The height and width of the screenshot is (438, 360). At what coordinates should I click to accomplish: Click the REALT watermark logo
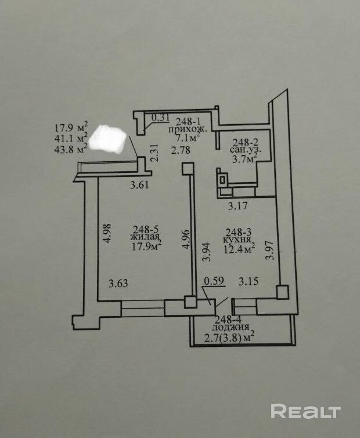(x=305, y=411)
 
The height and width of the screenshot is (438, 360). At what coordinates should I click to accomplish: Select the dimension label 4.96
(x=185, y=238)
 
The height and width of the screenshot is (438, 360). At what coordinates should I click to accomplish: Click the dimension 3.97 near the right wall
(x=269, y=248)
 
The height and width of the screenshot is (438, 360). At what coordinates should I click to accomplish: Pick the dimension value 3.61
(x=140, y=187)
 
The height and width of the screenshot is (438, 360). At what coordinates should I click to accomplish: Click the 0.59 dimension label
(x=213, y=284)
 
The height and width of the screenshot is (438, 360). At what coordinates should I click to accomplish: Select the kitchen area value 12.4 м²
(x=240, y=250)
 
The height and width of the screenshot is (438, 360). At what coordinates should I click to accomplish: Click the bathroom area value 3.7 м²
(x=244, y=158)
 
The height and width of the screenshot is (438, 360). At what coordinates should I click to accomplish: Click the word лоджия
(x=224, y=326)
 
